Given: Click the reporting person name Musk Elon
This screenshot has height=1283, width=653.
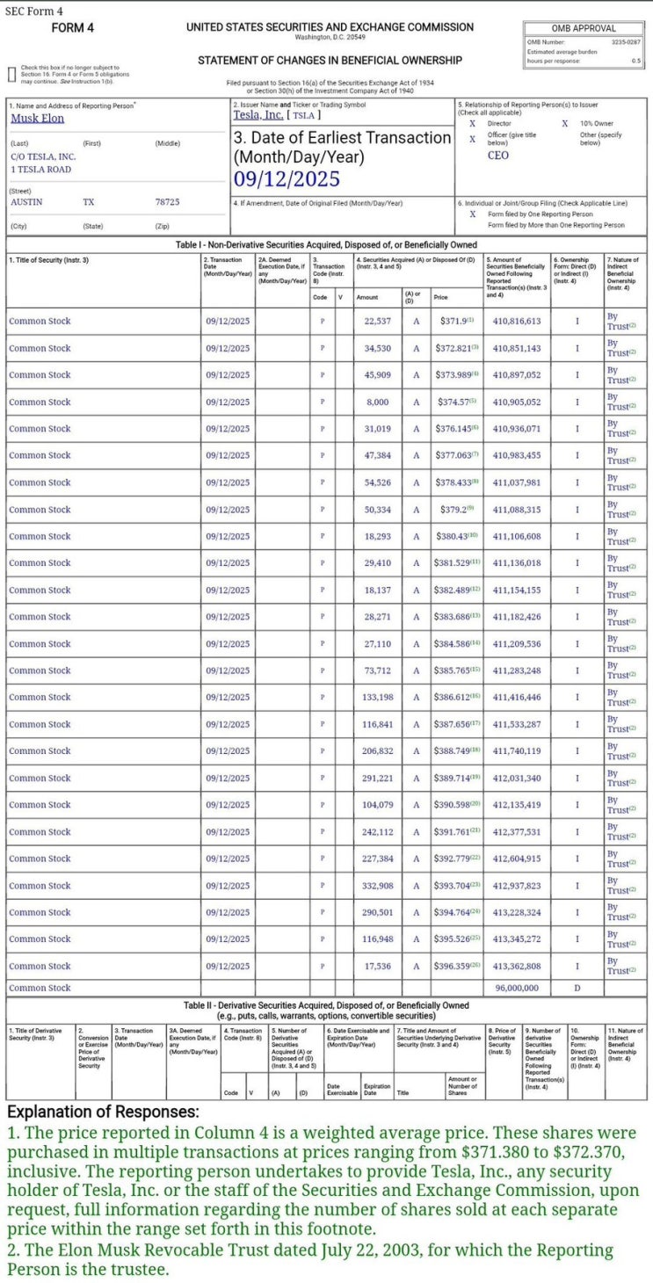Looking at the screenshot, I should point(37,119).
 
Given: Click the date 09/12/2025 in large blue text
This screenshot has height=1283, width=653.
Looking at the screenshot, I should point(287,179).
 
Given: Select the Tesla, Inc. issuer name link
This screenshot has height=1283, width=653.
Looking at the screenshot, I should point(258,115).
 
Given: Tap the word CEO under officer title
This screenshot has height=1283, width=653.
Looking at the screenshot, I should point(497,156).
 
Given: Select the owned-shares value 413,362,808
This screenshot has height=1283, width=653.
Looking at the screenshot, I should point(517,966).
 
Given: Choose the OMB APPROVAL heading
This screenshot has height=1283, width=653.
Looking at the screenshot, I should point(584,29).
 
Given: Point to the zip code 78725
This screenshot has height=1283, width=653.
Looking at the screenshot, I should point(167,202).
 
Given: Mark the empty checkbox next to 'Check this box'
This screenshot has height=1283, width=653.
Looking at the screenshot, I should point(11,74).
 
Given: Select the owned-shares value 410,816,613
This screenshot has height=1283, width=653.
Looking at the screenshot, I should point(517,322).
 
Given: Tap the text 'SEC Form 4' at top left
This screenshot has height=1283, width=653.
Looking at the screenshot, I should point(33,10).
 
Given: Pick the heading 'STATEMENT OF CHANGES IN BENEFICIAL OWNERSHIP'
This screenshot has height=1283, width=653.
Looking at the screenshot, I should point(330,61).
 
